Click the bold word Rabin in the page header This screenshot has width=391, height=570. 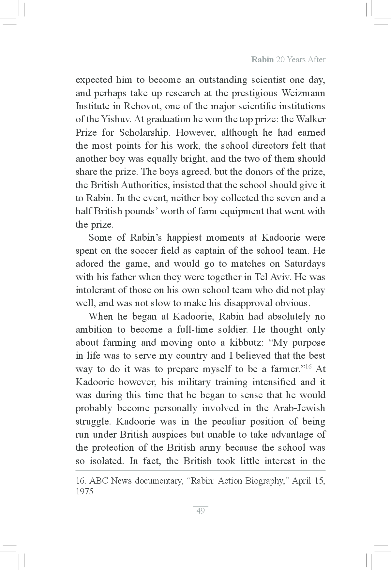click(262, 60)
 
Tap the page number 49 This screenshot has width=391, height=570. click(201, 511)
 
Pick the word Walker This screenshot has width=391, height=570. click(310, 119)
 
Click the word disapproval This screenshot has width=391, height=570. click(248, 303)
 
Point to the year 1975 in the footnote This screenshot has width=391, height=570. click(84, 491)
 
